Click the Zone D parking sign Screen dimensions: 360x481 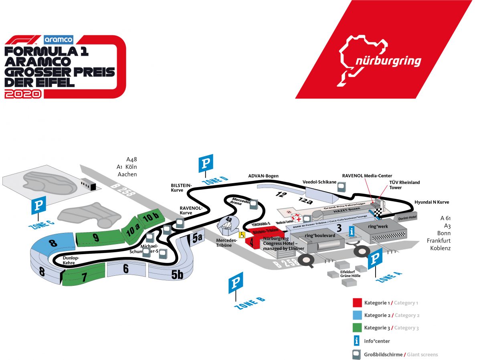click(x=206, y=163)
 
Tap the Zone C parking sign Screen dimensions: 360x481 click(x=39, y=205)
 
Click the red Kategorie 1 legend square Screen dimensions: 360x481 click(x=358, y=303)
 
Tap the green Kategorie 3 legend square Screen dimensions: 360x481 click(x=358, y=328)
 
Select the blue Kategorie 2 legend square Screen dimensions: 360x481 click(x=358, y=315)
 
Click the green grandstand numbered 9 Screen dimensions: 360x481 click(x=96, y=237)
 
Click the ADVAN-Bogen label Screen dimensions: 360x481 click(x=263, y=176)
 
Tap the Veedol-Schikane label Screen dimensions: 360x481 click(x=319, y=182)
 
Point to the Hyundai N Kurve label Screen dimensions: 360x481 click(x=432, y=202)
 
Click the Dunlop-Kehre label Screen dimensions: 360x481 click(x=71, y=261)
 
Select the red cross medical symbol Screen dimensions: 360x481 click(x=298, y=218)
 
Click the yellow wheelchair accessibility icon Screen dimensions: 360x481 click(x=242, y=235)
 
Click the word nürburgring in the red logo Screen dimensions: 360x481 click(x=388, y=61)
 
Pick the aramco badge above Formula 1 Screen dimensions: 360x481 click(x=59, y=39)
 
